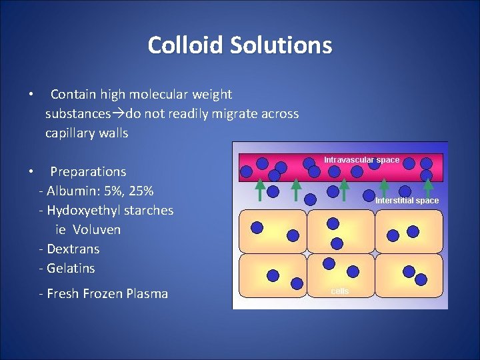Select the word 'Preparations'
pyautogui.click(x=88, y=172)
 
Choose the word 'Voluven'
pyautogui.click(x=97, y=230)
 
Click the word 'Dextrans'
pyautogui.click(x=73, y=249)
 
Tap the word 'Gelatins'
pyautogui.click(x=71, y=269)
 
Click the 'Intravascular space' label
pyautogui.click(x=362, y=160)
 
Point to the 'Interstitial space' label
pyautogui.click(x=407, y=201)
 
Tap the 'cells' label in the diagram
pyautogui.click(x=340, y=291)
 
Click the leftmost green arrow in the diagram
pyautogui.click(x=261, y=189)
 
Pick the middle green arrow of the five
pyautogui.click(x=344, y=189)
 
